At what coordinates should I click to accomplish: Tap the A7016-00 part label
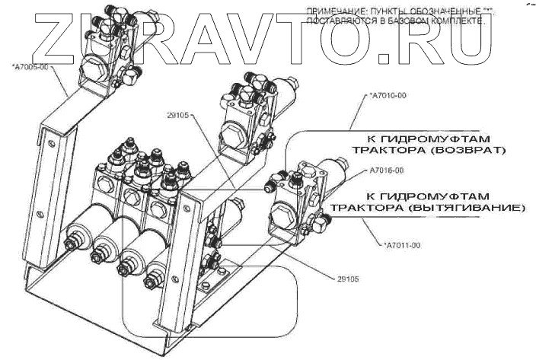386,170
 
